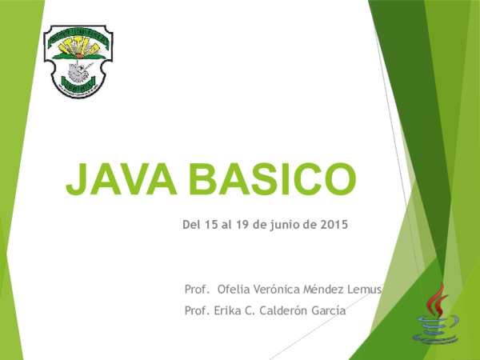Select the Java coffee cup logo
(x=435, y=315)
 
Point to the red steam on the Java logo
(x=435, y=300)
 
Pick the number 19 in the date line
(x=242, y=226)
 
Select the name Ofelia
(x=232, y=288)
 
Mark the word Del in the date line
(x=190, y=226)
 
